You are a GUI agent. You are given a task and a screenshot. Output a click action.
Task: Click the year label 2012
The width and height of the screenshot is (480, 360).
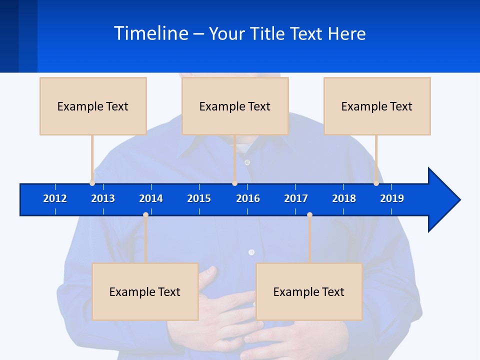pos(55,198)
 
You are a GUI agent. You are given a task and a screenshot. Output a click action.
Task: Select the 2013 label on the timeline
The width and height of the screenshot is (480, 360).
pos(103,198)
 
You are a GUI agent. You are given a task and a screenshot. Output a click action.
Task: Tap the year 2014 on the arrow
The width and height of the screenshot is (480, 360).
pos(151,198)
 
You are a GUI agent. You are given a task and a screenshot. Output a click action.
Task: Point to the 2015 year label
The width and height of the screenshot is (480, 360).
pos(199,198)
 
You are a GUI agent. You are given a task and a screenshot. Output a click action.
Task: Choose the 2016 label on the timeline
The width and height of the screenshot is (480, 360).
pos(248,198)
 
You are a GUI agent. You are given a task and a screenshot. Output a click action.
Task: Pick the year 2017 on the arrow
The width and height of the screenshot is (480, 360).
pos(296,198)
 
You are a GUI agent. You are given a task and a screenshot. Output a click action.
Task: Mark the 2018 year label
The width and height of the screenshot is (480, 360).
pos(344,198)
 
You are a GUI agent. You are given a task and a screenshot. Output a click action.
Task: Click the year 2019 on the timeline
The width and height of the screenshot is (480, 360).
pos(392,198)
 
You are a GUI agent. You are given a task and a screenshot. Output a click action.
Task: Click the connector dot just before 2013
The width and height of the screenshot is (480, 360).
pos(92,183)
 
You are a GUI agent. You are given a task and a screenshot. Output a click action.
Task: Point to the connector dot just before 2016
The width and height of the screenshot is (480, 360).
pos(234,183)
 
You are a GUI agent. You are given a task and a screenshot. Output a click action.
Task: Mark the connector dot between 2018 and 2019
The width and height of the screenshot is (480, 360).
pos(376,183)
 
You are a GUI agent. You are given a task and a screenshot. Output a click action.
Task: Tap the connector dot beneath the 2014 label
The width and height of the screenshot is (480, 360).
pos(145,214)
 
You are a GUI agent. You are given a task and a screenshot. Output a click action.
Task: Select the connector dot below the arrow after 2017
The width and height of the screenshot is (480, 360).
pos(309,214)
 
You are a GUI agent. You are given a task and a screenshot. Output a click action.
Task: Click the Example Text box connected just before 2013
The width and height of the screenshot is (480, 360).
pos(93,106)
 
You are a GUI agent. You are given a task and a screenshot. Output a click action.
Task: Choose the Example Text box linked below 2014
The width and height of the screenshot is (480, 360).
pos(145,291)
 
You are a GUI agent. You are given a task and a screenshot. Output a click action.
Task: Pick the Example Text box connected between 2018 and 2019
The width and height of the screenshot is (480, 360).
pos(377,106)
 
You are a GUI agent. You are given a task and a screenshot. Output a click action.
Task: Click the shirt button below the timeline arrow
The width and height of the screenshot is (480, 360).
pos(251,252)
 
